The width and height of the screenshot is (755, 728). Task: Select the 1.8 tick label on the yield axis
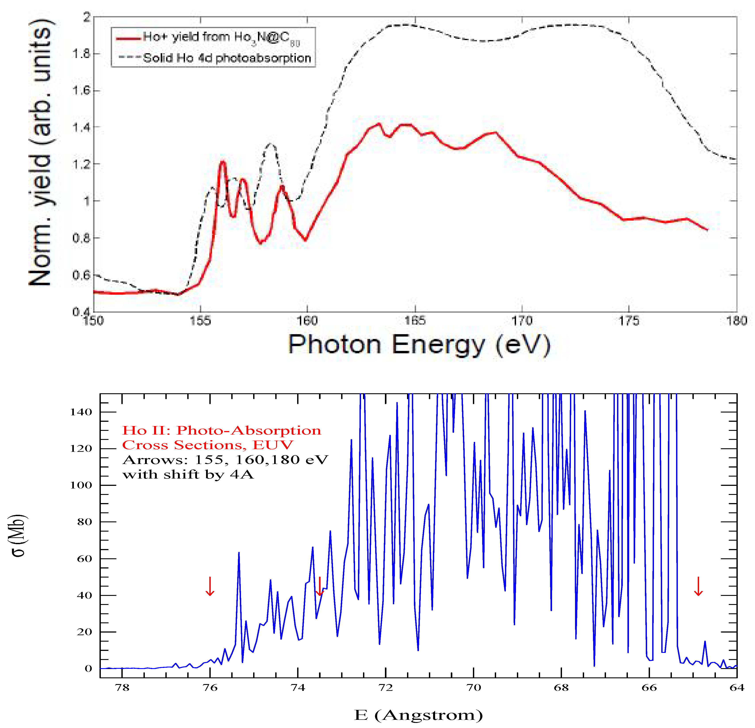coord(81,53)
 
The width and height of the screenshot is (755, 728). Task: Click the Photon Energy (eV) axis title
coord(419,345)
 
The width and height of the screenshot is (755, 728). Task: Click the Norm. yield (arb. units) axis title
coord(40,154)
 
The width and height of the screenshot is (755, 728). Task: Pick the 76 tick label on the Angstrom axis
coord(210,687)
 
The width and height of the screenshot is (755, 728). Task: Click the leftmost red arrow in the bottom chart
coord(210,586)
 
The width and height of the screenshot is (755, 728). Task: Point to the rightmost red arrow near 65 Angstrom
coord(698,586)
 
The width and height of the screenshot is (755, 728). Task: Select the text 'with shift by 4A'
coord(188,474)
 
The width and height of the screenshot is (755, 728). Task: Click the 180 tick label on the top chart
coord(736,321)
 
